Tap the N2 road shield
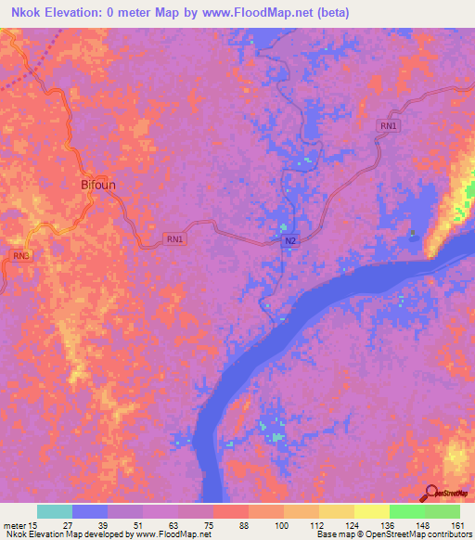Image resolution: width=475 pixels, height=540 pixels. pyautogui.click(x=289, y=240)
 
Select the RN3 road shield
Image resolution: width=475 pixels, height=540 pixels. pyautogui.click(x=20, y=255)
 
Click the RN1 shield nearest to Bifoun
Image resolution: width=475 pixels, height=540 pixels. pyautogui.click(x=174, y=238)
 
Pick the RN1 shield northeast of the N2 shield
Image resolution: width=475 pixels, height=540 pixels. pyautogui.click(x=387, y=126)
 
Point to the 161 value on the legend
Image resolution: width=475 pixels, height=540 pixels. pyautogui.click(x=457, y=524)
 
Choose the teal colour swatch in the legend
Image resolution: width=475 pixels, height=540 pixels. pyautogui.click(x=55, y=511)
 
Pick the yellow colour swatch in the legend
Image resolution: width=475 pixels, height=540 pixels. pyautogui.click(x=372, y=511)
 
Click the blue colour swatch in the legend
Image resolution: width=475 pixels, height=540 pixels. pyautogui.click(x=90, y=511)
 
